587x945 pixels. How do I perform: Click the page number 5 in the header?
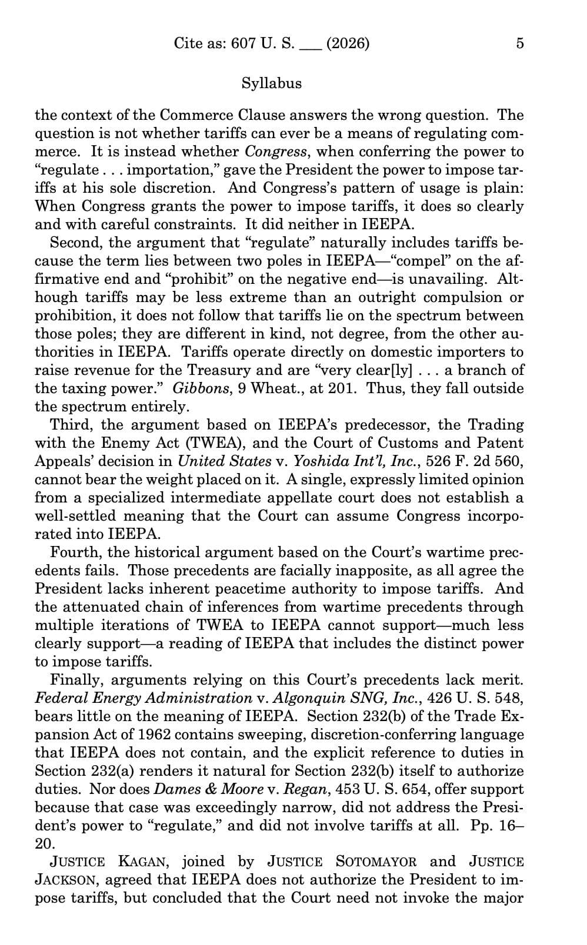pyautogui.click(x=519, y=43)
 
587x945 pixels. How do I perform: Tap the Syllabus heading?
pyautogui.click(x=271, y=83)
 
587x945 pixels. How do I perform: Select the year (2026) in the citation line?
pyautogui.click(x=347, y=43)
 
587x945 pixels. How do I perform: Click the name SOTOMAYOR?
pyautogui.click(x=376, y=862)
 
